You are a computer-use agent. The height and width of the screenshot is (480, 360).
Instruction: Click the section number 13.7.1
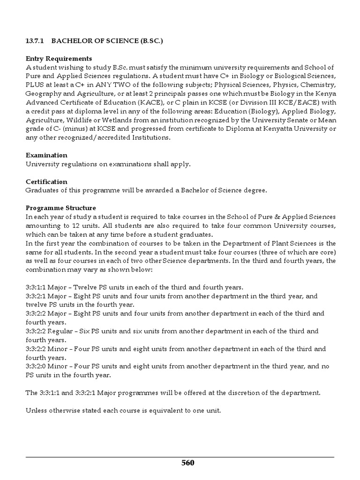point(34,41)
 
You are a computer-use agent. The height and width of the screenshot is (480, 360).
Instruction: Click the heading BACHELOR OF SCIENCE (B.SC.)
point(108,41)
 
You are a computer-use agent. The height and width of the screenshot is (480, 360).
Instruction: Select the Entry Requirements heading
point(59,59)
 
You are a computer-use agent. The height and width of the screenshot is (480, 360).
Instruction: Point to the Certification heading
point(46,181)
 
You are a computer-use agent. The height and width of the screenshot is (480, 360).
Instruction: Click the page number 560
point(187,463)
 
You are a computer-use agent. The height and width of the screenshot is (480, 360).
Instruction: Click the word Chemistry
point(317,84)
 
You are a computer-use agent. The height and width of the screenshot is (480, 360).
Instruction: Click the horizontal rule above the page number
point(180,457)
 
